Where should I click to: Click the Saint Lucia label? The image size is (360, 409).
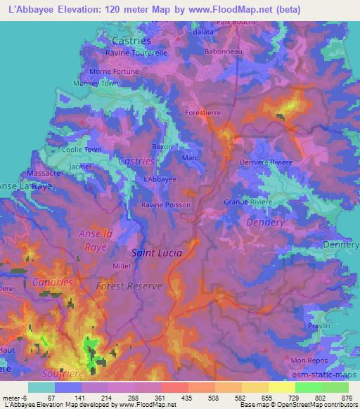click(x=157, y=252)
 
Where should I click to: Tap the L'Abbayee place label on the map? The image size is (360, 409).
click(x=160, y=179)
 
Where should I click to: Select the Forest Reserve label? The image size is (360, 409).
click(x=129, y=286)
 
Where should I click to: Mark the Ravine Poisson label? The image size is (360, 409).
click(x=165, y=204)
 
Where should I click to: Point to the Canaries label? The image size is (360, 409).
click(x=51, y=282)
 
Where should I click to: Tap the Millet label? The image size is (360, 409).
click(x=122, y=266)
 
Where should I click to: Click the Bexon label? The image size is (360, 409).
click(x=162, y=147)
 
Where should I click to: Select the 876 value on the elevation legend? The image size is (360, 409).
click(x=346, y=398)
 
